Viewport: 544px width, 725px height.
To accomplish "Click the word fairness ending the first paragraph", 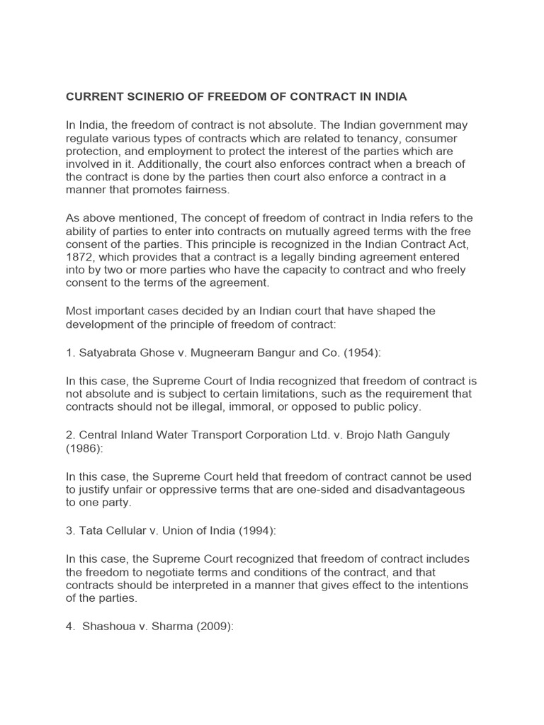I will click(x=207, y=190).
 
